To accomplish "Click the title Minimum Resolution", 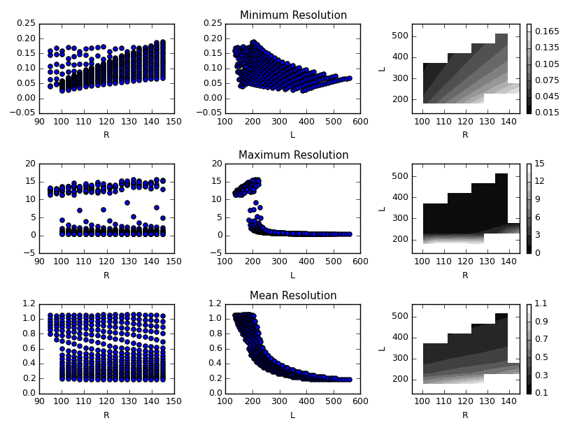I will point(293,15).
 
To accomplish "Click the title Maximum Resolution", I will point(293,155).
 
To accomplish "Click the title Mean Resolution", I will point(293,296).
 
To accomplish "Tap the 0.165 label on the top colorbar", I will point(546,31).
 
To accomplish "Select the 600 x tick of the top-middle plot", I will point(360,122).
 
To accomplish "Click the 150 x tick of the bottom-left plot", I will point(174,401).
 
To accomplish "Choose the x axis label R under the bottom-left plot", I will point(106,415).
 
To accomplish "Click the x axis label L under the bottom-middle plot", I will point(292,415).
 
